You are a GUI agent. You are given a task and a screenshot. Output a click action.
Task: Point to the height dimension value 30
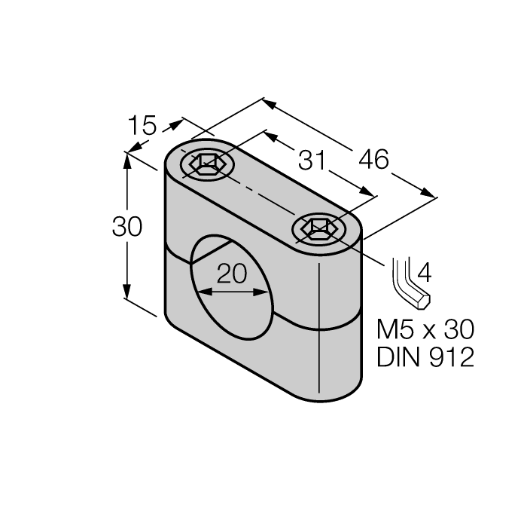click(x=126, y=226)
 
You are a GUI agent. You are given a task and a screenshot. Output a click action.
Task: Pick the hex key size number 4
click(x=424, y=271)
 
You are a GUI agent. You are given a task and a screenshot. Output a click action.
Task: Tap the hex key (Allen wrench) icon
click(x=409, y=284)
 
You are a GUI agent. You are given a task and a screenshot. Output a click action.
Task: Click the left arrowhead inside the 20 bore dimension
click(x=199, y=291)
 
